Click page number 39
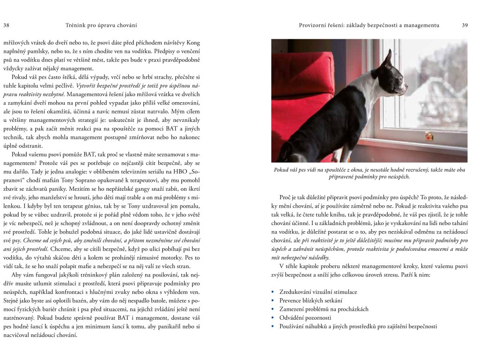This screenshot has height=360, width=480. coord(465,25)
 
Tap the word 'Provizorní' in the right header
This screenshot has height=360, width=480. coord(315,25)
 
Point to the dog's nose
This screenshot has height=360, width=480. coord(405,87)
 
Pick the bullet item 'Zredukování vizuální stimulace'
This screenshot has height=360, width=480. coord(318,292)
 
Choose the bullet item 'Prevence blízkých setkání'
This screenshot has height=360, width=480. coord(311,300)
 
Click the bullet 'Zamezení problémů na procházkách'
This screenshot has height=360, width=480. coord(323,309)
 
